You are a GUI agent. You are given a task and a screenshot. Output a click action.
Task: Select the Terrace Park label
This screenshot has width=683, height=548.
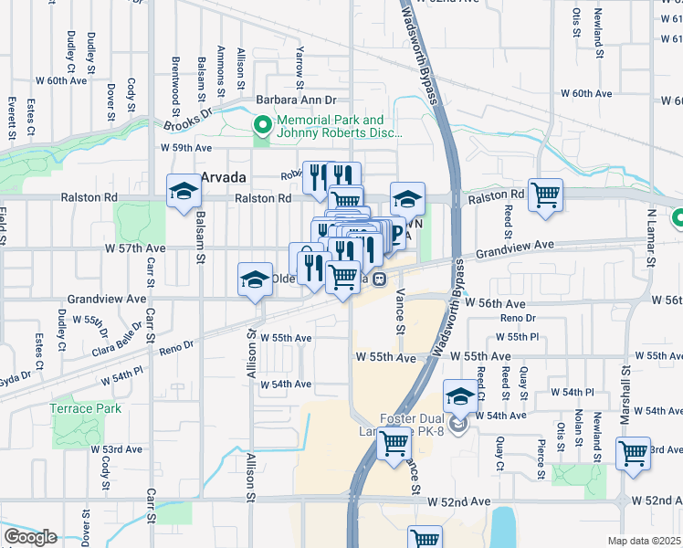click(86, 408)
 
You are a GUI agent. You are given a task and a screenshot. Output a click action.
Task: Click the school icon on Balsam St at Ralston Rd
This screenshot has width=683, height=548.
click(184, 192)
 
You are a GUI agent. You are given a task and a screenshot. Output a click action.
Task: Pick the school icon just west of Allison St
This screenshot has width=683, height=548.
click(255, 280)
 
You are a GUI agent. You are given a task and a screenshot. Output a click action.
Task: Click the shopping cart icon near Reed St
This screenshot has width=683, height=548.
click(545, 194)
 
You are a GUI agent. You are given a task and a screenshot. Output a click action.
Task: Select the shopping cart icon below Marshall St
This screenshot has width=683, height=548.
click(633, 453)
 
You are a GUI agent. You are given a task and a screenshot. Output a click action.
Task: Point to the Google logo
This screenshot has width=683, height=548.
click(30, 536)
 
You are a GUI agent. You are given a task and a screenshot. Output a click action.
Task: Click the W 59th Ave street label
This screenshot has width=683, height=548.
click(186, 147)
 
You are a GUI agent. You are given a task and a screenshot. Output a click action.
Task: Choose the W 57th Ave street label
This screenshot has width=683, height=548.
click(134, 248)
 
